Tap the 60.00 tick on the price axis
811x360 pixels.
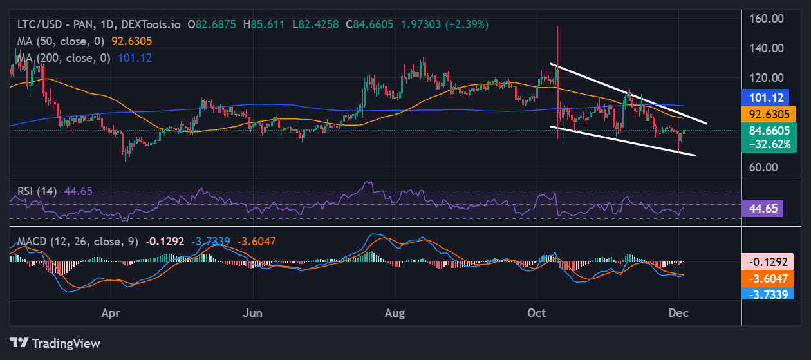click(x=770, y=167)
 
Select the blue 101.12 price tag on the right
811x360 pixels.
click(x=765, y=98)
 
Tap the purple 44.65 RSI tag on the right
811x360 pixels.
click(x=762, y=208)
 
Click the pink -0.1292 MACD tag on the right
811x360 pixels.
click(x=769, y=262)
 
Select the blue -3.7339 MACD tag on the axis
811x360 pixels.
click(x=769, y=294)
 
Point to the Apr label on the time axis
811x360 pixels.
click(x=111, y=313)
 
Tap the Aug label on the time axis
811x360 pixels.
click(x=395, y=313)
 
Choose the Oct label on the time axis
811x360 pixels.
click(x=536, y=313)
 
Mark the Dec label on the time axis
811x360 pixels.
click(x=678, y=313)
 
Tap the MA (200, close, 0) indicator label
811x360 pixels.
click(x=64, y=57)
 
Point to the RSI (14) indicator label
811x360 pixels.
click(x=37, y=191)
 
